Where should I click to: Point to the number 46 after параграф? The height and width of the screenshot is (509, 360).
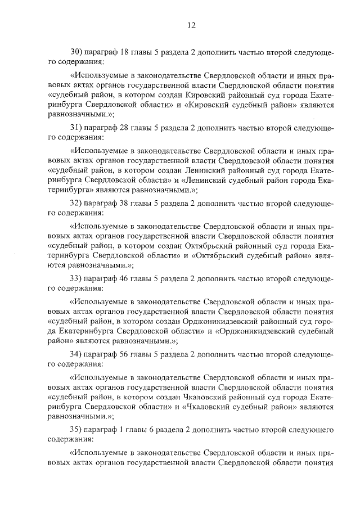pyautogui.click(x=125, y=277)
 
